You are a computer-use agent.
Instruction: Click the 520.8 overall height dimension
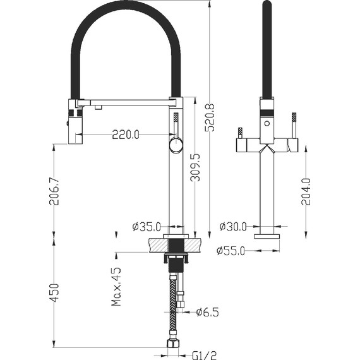point(210,117)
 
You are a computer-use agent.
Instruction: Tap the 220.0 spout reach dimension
point(126,135)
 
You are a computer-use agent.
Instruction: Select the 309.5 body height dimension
point(195,167)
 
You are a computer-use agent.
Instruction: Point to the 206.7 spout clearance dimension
point(54,191)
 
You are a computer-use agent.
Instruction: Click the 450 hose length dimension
point(54,293)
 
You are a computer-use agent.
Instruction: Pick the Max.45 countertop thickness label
point(116,286)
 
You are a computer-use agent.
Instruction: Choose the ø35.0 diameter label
point(147,227)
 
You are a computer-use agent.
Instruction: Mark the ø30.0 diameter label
point(233,227)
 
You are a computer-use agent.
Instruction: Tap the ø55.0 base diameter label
point(231,251)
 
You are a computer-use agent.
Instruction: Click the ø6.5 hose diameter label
point(208,312)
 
